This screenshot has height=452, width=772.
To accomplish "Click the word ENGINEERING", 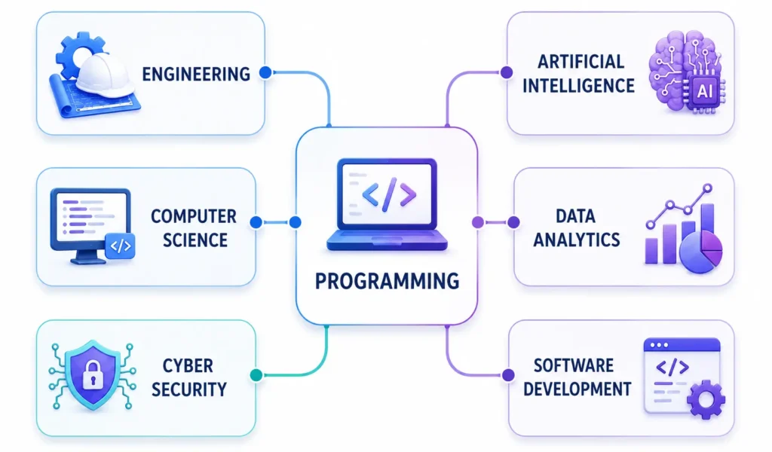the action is pyautogui.click(x=196, y=75).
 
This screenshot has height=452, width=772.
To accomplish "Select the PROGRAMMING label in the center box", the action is pyautogui.click(x=387, y=281).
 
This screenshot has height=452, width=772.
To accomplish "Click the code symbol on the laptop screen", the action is pyautogui.click(x=389, y=194).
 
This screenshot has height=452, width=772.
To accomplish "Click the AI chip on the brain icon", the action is pyautogui.click(x=704, y=90).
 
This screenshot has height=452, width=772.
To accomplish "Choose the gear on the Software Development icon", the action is pyautogui.click(x=706, y=399).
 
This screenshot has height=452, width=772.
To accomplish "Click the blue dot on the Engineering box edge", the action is pyautogui.click(x=265, y=73).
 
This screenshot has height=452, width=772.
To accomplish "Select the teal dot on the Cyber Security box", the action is pyautogui.click(x=256, y=375).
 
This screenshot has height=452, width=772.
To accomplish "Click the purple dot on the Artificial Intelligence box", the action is pyautogui.click(x=506, y=73).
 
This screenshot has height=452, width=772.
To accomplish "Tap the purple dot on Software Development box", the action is pyautogui.click(x=508, y=375).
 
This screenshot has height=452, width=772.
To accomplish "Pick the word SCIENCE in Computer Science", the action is pyautogui.click(x=195, y=240).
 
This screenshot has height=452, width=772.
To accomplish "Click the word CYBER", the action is pyautogui.click(x=188, y=366).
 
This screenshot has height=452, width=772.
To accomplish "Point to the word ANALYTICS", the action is pyautogui.click(x=577, y=240).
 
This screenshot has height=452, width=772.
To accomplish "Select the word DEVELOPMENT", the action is pyautogui.click(x=577, y=389).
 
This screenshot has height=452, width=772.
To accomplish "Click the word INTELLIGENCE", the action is pyautogui.click(x=578, y=86).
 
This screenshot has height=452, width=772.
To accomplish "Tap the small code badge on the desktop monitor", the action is pyautogui.click(x=120, y=246).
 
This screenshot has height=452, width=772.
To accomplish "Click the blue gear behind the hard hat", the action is pyautogui.click(x=78, y=53).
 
